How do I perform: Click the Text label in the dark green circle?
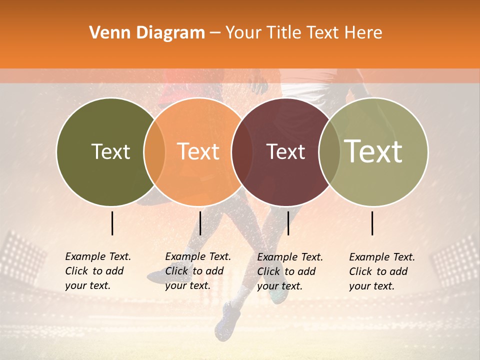[x=110, y=152]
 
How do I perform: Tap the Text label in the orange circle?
[x=198, y=152]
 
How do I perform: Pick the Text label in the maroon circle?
[x=286, y=152]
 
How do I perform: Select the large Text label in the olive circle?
[x=373, y=151]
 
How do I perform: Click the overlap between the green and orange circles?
[x=154, y=152]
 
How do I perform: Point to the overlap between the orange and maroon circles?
[x=238, y=152]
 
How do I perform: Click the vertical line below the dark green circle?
[x=112, y=223]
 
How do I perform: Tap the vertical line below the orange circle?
[x=200, y=223]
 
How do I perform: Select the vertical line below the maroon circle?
[x=288, y=223]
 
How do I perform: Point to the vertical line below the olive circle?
[x=372, y=223]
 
